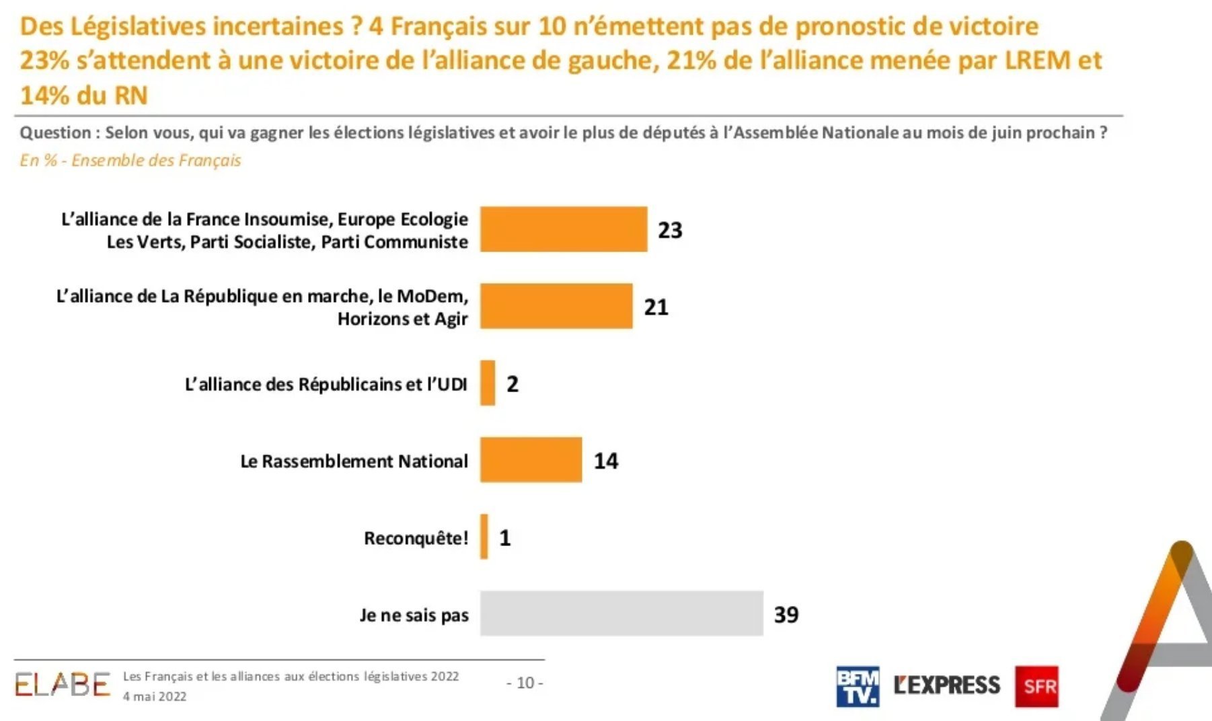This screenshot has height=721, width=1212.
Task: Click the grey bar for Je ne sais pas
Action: pos(621,613)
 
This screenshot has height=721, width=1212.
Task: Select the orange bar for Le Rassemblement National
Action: pos(531,460)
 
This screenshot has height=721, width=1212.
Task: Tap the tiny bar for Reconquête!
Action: pos(484,537)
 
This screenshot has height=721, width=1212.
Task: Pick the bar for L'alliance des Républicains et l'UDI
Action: pos(488,383)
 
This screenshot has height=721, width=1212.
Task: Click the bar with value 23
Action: pos(564,229)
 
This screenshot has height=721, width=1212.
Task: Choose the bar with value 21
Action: pos(556,306)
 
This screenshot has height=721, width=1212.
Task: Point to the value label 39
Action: pos(786,614)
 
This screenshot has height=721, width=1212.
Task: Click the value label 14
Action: pos(606,461)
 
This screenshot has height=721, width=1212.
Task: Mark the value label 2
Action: pos(513,384)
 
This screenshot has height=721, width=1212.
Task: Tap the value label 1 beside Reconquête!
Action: pos(505,537)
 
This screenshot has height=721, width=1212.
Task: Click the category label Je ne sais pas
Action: pos(414,615)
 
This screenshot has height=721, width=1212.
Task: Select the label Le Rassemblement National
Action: pos(354,461)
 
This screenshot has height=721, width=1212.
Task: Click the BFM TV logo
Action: pos(858,687)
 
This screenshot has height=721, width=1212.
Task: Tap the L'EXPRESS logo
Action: pos(947,685)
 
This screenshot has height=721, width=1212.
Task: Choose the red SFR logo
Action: pos(1036,687)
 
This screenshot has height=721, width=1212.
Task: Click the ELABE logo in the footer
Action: pos(62,685)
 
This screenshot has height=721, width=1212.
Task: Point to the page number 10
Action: pos(525,683)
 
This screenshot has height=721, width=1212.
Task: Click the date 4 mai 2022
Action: pos(155,697)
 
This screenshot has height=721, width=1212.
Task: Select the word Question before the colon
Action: pos(55,132)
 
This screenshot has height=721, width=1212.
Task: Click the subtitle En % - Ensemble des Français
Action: pos(130,160)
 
